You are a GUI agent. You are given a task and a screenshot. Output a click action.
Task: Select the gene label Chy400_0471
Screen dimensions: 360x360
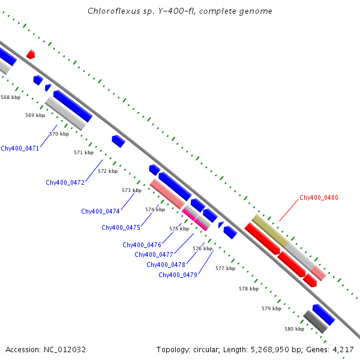point(20,148)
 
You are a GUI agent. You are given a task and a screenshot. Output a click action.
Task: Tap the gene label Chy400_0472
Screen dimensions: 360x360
point(65,182)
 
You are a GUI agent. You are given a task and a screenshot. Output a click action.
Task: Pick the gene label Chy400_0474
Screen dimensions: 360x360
point(100,211)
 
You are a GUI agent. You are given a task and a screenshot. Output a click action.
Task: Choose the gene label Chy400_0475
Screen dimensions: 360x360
point(121,227)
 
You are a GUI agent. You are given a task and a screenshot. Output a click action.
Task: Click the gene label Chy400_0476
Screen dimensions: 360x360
point(142,245)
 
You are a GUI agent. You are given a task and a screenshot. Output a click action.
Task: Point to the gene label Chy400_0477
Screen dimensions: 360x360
point(154,254)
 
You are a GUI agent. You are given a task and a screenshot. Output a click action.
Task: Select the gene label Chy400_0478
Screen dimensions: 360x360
point(166,265)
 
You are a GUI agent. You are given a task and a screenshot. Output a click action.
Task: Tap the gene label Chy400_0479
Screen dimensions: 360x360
point(178,275)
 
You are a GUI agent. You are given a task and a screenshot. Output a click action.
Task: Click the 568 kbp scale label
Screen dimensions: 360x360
point(10,97)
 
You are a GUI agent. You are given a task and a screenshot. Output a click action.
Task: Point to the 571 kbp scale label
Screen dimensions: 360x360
point(83,153)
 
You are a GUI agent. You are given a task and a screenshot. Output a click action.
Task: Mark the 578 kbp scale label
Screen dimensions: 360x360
point(248,289)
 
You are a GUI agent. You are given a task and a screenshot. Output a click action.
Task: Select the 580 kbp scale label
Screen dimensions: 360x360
point(294,329)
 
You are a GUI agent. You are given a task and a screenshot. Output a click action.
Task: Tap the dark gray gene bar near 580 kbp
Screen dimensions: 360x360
point(314,322)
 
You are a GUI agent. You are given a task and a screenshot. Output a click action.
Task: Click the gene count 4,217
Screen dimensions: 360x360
point(342,349)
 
